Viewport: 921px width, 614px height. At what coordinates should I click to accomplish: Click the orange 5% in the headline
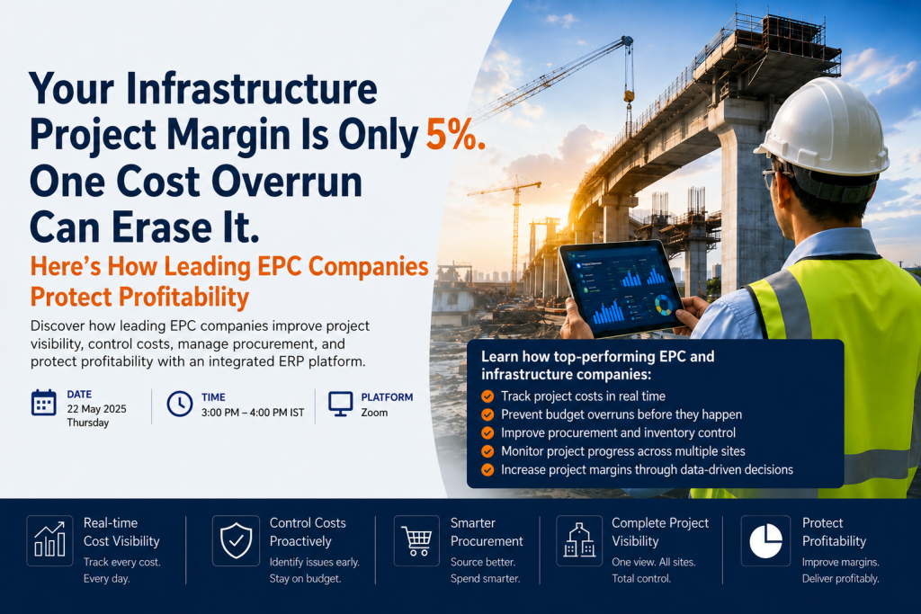[x=455, y=135]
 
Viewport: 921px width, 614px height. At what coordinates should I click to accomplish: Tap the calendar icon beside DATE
[x=43, y=404]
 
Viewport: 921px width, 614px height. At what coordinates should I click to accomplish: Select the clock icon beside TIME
[x=179, y=404]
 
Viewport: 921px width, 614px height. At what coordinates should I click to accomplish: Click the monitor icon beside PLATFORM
[x=341, y=404]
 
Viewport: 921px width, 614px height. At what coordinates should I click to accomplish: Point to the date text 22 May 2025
[x=96, y=409]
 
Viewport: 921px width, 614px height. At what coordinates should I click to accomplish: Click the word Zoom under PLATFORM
[x=374, y=413]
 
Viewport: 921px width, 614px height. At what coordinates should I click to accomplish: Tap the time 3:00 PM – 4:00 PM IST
[x=253, y=413]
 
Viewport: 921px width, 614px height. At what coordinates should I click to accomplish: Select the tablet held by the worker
[x=621, y=289]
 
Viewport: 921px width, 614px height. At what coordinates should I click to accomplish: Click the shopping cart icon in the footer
[x=416, y=540]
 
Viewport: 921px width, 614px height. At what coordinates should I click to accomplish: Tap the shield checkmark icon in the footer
[x=237, y=540]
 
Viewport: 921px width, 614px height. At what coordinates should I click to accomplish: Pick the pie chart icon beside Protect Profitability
[x=766, y=540]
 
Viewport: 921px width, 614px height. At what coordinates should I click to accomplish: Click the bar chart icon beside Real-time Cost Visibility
[x=50, y=540]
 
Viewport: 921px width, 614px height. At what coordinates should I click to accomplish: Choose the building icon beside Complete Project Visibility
[x=579, y=540]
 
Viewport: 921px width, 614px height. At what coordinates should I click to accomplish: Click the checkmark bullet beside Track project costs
[x=487, y=396]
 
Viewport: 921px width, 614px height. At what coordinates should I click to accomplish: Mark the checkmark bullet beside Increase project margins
[x=487, y=469]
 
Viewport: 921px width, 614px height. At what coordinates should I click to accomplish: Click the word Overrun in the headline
[x=287, y=182]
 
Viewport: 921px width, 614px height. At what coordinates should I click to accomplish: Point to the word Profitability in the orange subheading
[x=183, y=297]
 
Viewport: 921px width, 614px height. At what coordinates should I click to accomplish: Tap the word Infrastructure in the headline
[x=252, y=89]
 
